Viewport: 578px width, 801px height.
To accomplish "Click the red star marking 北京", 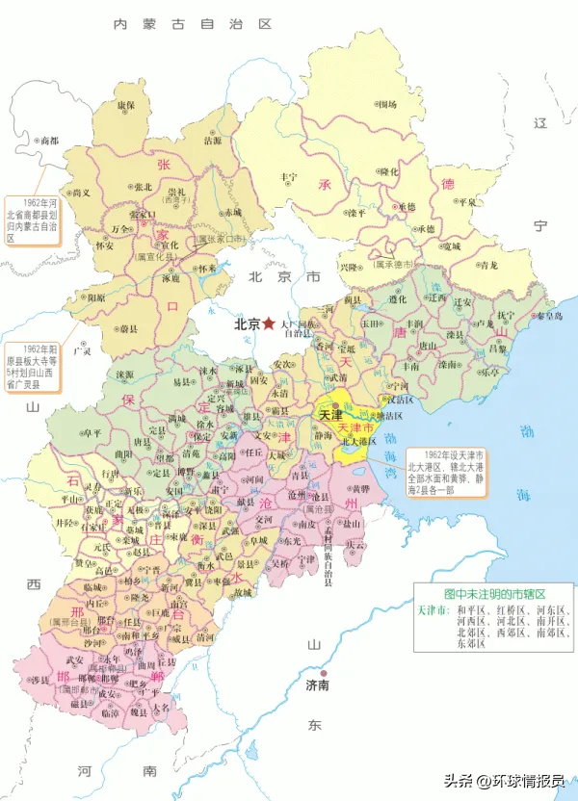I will click(268, 324).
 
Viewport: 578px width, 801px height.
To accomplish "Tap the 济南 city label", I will click(318, 685).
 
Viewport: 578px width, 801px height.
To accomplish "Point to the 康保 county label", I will click(125, 104).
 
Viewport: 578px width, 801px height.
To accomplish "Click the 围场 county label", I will click(387, 104).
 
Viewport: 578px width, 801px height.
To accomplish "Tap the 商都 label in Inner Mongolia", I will click(46, 141).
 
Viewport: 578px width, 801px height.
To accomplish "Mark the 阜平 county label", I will click(92, 433).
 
